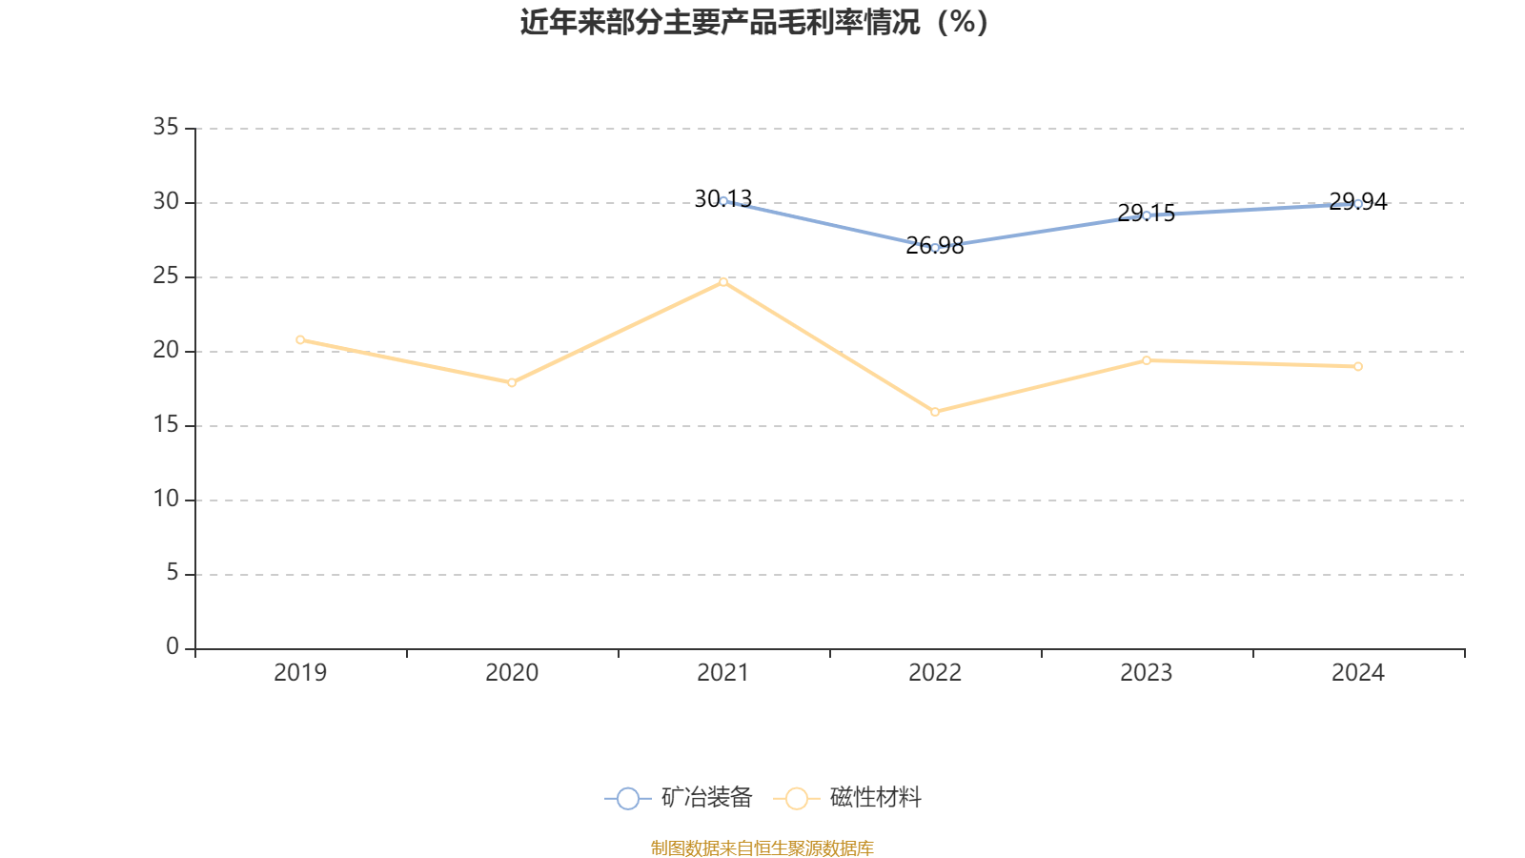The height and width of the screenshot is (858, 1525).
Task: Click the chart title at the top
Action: point(756,22)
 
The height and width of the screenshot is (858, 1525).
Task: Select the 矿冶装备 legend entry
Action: point(680,798)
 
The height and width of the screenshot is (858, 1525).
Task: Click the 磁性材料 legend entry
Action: point(848,798)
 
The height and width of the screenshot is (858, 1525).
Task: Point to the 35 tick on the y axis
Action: point(166,127)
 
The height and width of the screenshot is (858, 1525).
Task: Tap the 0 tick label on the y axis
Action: point(172,647)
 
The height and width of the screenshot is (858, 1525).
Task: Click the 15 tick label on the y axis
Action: point(166,425)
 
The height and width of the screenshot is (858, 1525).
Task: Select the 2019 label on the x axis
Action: point(300,673)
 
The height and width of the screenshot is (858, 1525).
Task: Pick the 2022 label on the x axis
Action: point(935,673)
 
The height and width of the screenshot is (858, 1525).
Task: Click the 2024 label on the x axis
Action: point(1357,673)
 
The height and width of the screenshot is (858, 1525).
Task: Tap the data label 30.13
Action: point(722,198)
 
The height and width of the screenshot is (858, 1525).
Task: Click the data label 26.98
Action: point(935,246)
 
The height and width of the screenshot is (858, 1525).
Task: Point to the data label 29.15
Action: point(1146,214)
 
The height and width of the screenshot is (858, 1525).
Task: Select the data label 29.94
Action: point(1357,201)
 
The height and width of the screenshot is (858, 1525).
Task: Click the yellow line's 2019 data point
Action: point(300,339)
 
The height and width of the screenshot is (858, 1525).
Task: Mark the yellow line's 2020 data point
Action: point(512,383)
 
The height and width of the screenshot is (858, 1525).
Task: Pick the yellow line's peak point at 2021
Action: point(723,281)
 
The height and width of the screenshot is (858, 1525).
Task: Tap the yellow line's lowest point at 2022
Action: point(935,412)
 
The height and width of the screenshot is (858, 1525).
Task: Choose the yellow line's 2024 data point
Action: point(1358,366)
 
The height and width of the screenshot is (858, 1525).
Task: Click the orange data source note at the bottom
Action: point(762,848)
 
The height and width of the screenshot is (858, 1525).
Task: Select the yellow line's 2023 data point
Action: point(1147,360)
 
